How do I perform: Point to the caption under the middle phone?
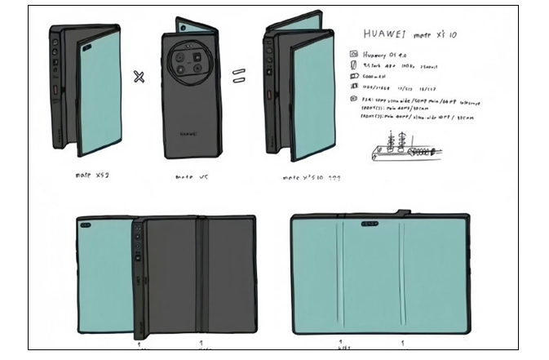(192, 176)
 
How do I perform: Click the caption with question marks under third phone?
(306, 176)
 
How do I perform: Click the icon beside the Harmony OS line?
(354, 53)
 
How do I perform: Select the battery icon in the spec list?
(354, 74)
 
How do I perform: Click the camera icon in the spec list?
(354, 99)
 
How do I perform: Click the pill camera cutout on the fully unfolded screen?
(369, 222)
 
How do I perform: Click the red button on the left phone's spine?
(55, 88)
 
